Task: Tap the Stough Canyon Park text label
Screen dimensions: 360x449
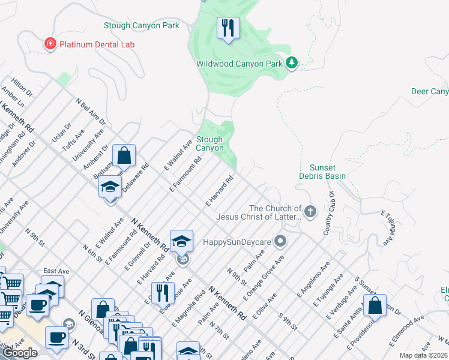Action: pos(141,26)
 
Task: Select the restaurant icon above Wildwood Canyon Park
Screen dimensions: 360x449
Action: pos(228,28)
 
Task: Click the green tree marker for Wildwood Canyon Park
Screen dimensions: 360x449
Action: pos(292,63)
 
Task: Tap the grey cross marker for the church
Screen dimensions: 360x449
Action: pos(310,211)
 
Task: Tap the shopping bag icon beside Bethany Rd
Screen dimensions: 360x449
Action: pos(124,156)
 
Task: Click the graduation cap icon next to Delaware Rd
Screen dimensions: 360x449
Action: pos(110,187)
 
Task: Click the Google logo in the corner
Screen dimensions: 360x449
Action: pos(20,353)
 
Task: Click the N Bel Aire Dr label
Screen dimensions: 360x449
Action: pos(91,113)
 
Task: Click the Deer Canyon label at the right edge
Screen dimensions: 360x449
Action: pos(430,91)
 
